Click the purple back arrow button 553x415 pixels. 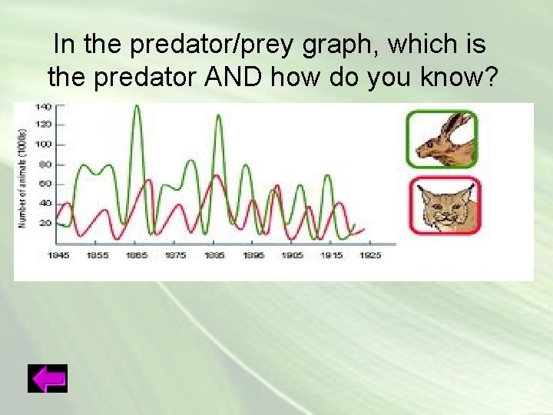tap(48, 379)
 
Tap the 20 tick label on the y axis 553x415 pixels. tap(45, 223)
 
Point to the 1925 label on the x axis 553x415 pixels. tap(369, 255)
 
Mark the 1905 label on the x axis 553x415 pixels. tap(292, 255)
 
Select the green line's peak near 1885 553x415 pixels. tap(218, 116)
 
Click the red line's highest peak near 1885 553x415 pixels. tap(217, 176)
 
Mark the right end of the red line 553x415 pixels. tap(364, 227)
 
